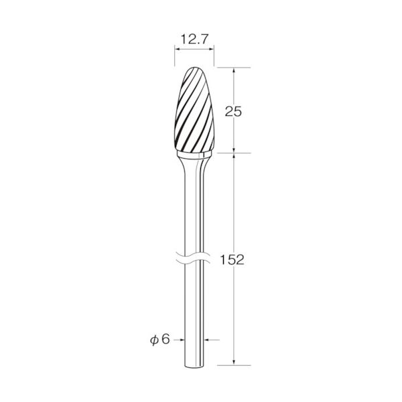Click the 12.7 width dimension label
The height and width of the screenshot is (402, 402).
(194, 40)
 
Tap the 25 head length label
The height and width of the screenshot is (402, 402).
(233, 112)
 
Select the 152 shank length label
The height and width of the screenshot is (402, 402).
(232, 260)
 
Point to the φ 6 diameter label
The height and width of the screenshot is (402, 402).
(160, 340)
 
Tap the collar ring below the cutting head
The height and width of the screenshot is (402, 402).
(194, 154)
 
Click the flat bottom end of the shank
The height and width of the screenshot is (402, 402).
(194, 368)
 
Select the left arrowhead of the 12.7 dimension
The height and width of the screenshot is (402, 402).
(177, 49)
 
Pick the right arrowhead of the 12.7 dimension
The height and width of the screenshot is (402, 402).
(212, 49)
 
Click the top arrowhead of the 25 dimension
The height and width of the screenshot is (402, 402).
(234, 70)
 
